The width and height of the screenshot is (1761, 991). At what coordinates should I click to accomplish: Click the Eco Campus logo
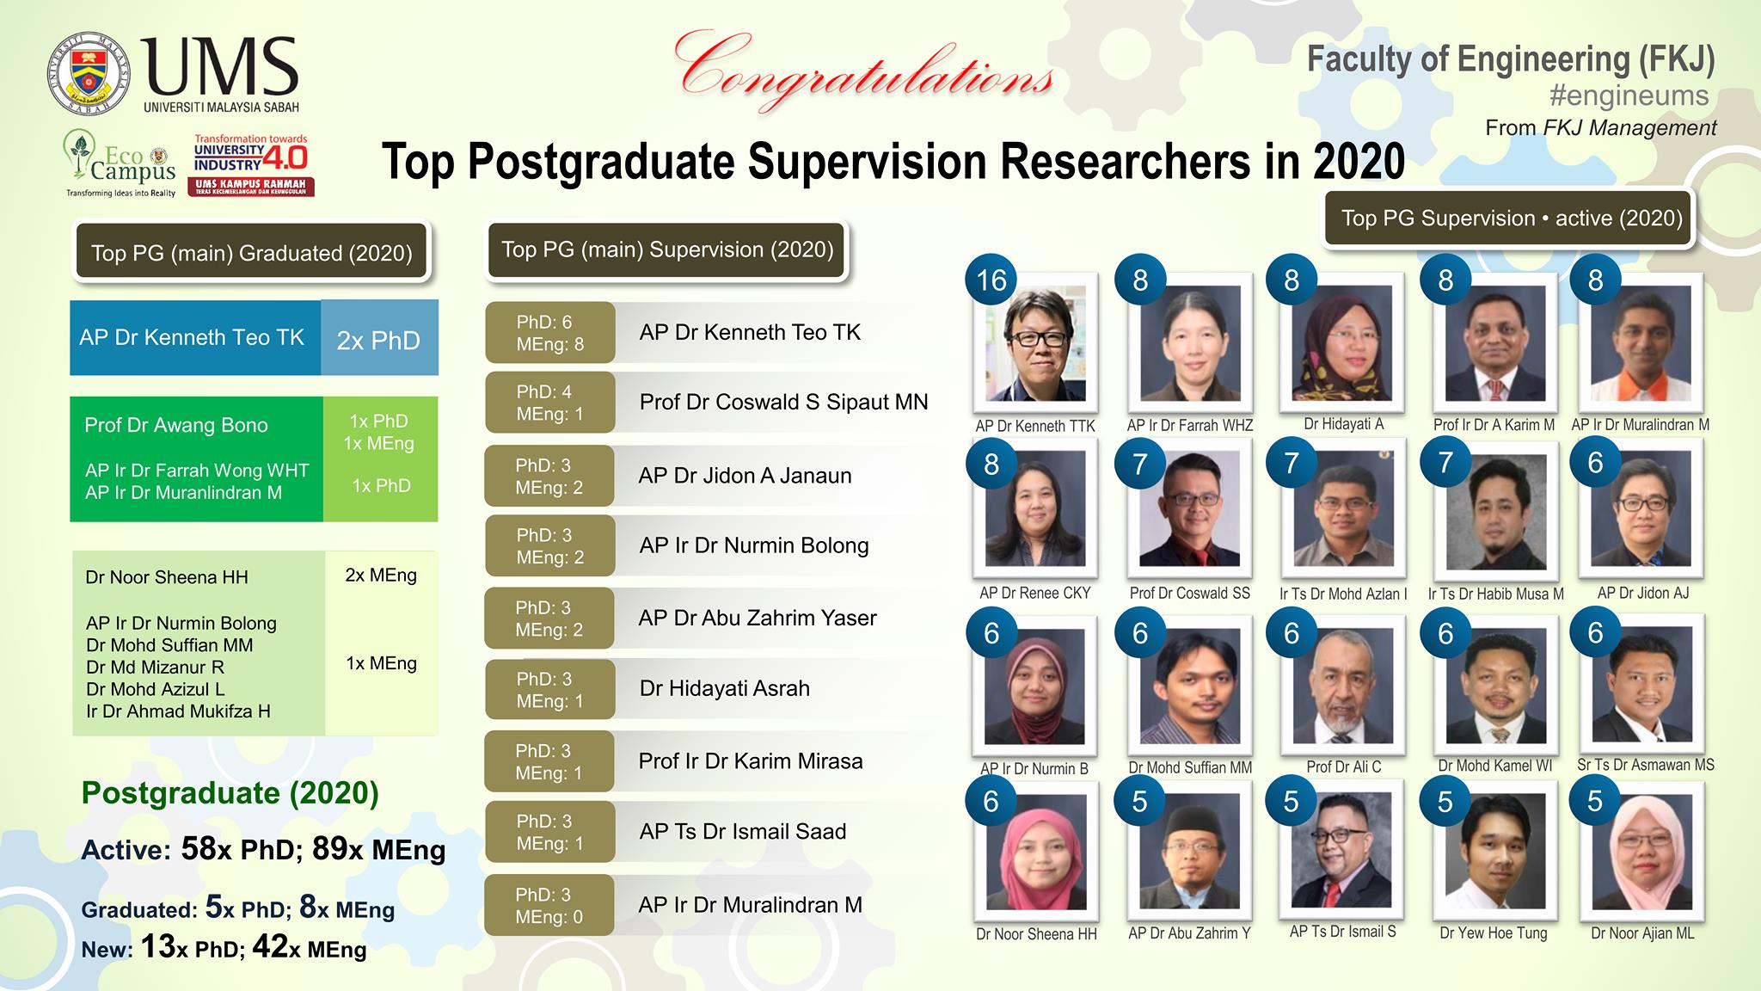(x=121, y=163)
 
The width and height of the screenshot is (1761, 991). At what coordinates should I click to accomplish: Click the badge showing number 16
(x=991, y=280)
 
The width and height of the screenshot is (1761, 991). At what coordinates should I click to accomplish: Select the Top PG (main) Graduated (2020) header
(x=251, y=252)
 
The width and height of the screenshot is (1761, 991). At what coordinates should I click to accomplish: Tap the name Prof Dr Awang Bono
(x=176, y=425)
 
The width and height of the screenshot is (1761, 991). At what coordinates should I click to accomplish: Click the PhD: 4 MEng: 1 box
(x=550, y=403)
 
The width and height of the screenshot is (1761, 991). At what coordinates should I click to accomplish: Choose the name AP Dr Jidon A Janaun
(x=745, y=476)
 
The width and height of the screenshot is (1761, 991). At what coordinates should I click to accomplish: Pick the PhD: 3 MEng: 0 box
(x=549, y=905)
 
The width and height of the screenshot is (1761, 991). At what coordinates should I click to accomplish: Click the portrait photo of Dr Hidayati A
(x=1343, y=342)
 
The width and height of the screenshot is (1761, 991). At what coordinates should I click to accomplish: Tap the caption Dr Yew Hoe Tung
(x=1494, y=933)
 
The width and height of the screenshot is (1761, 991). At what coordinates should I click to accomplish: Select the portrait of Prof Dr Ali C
(x=1343, y=683)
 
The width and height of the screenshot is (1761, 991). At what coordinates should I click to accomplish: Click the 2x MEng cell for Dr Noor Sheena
(x=381, y=576)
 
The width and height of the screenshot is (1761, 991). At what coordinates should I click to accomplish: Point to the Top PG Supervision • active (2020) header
(x=1512, y=218)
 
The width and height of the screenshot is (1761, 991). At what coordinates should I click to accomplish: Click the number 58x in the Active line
(x=207, y=849)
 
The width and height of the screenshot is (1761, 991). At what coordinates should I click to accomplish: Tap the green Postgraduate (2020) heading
(x=230, y=792)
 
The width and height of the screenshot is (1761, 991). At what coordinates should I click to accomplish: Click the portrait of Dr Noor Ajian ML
(x=1643, y=851)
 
